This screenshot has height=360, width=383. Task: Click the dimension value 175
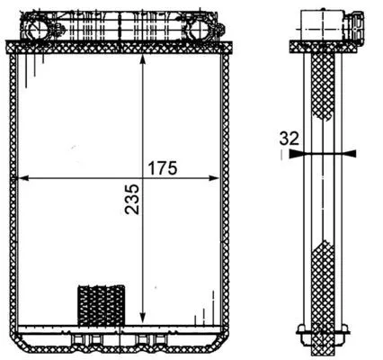pyautogui.click(x=165, y=167)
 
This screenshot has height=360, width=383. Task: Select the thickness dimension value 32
pyautogui.click(x=289, y=139)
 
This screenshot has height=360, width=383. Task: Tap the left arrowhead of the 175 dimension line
pyautogui.click(x=24, y=178)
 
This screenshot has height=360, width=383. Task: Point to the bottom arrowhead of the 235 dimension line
pyautogui.click(x=144, y=317)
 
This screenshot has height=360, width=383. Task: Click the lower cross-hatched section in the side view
pyautogui.click(x=321, y=279)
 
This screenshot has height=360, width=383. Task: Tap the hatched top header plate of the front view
pyautogui.click(x=117, y=45)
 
